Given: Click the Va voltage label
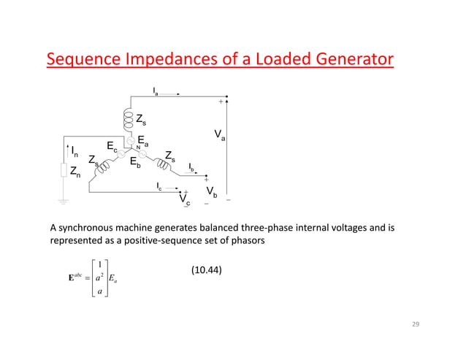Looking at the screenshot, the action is [x=219, y=134].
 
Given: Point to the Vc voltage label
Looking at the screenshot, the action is [x=185, y=199].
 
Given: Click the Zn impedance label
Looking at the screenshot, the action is [x=75, y=171].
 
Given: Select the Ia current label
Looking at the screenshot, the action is [x=156, y=91].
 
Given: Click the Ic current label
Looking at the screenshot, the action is [x=161, y=186].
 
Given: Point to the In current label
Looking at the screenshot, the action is [x=75, y=151].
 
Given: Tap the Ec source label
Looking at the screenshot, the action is [x=112, y=147].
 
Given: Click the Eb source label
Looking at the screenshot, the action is [x=135, y=163].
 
